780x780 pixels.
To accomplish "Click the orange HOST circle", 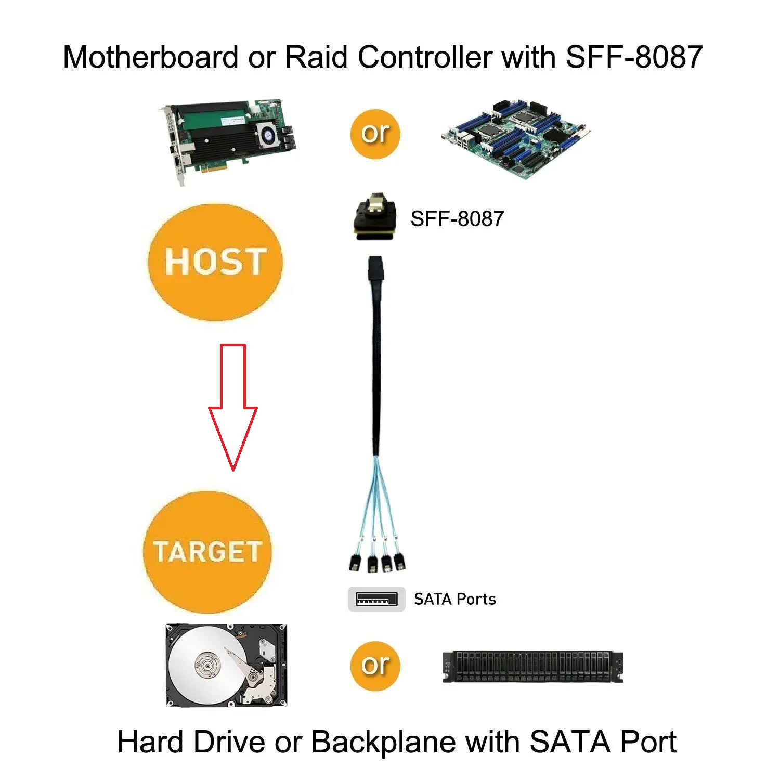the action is coord(215,262).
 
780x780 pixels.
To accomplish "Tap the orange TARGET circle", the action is coord(207,552).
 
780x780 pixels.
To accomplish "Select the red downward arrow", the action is coord(233,407).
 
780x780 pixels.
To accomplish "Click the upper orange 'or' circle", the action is coord(375,134).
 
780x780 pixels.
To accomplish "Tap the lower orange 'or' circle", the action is coord(375,666).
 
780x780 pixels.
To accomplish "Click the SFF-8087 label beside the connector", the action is coord(457,219).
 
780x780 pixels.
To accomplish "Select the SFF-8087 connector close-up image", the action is coord(373,217).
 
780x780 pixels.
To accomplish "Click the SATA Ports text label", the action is coord(455,599).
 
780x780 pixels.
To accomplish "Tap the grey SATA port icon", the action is coord(376,599).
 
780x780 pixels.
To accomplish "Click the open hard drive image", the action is coord(226,665).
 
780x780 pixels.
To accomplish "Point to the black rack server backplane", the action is coord(533,667).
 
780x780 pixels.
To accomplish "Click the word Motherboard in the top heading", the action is coord(150,57).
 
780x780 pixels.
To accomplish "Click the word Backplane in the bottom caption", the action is coord(383,742).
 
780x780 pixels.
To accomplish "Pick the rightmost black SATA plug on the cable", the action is coord(400,561).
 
